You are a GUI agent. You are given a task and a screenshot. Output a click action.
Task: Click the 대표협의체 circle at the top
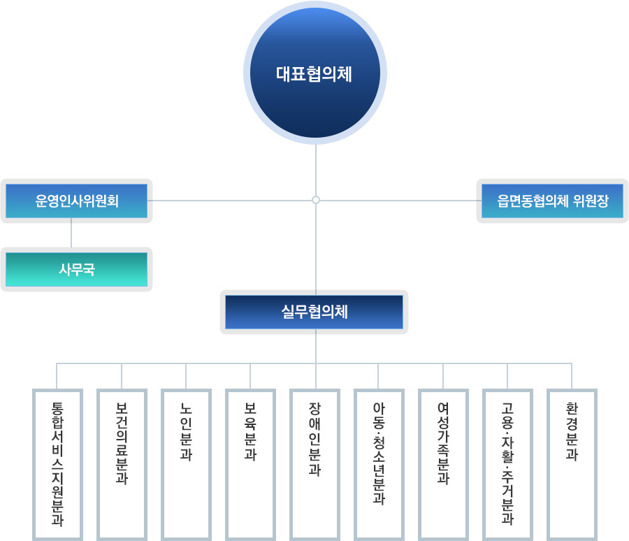[315, 73]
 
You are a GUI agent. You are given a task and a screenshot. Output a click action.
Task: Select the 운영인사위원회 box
[77, 201]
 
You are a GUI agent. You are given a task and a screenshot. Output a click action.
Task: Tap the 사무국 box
[77, 269]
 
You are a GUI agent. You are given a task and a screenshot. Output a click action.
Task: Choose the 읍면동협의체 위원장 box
[552, 201]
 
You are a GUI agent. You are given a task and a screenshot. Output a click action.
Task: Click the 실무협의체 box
[314, 312]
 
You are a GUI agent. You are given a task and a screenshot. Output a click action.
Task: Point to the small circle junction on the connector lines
[316, 200]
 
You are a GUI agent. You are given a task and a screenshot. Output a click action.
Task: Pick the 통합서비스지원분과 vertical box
[57, 465]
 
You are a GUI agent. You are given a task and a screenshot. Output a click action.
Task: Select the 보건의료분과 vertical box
[122, 465]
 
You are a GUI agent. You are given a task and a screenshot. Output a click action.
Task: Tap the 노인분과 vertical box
[186, 465]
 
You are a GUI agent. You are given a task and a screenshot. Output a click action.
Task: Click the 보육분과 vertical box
[250, 465]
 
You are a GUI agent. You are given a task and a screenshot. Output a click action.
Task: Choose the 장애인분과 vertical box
[314, 465]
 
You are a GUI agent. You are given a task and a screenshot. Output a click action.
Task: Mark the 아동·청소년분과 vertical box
[379, 465]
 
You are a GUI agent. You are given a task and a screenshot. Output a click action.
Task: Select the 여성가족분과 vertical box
[443, 465]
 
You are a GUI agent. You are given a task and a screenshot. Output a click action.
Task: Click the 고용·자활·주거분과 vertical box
[507, 465]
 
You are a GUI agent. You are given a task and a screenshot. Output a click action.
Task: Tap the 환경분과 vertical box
[572, 465]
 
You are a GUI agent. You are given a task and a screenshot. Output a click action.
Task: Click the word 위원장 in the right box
[591, 201]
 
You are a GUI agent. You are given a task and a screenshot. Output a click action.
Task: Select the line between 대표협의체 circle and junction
[316, 171]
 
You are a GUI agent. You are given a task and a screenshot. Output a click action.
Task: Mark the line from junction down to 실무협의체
[316, 247]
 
